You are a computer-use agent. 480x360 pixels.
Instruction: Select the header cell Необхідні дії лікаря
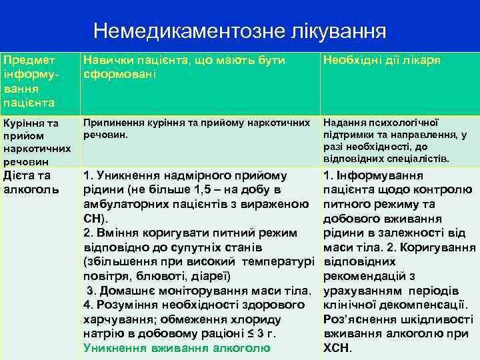[381, 61]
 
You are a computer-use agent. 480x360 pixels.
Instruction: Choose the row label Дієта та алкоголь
[27, 182]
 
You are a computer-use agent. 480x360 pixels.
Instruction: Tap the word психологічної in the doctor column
[404, 123]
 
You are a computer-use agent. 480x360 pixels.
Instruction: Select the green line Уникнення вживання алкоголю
[177, 347]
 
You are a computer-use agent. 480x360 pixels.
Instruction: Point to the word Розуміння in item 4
[126, 305]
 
